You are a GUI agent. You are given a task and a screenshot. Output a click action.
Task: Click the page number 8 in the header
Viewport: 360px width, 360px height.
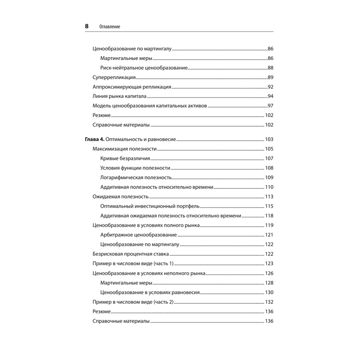[86, 26]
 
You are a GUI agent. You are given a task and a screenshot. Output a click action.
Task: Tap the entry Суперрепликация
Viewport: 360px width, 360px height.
[114, 77]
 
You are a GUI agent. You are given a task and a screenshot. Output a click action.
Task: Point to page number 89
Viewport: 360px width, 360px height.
[270, 77]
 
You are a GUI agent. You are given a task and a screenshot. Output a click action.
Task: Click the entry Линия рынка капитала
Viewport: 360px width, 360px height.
[119, 96]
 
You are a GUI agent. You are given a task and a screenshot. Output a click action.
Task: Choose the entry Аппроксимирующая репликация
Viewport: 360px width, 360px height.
[132, 87]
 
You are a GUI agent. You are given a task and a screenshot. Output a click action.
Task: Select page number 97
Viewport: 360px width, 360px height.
[270, 106]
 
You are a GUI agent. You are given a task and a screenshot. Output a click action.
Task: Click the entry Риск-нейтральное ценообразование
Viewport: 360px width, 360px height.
[144, 68]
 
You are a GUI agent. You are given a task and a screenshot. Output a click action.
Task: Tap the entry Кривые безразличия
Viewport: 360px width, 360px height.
[125, 158]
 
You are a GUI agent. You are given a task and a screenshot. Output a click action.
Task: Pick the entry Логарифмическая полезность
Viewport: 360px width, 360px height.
[136, 177]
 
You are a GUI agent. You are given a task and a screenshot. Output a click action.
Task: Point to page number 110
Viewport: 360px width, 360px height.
[269, 187]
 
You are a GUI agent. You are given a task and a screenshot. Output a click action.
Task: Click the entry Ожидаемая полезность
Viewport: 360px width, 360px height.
[121, 197]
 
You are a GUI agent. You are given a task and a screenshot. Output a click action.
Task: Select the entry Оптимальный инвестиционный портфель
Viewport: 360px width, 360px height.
[150, 206]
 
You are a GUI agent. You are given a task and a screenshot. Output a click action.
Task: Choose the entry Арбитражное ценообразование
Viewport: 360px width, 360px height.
[139, 235]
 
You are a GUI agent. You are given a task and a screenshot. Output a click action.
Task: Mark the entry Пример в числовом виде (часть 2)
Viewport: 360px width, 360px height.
[133, 302]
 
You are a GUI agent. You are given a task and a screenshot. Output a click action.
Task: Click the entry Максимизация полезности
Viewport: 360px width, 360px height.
[124, 149]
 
